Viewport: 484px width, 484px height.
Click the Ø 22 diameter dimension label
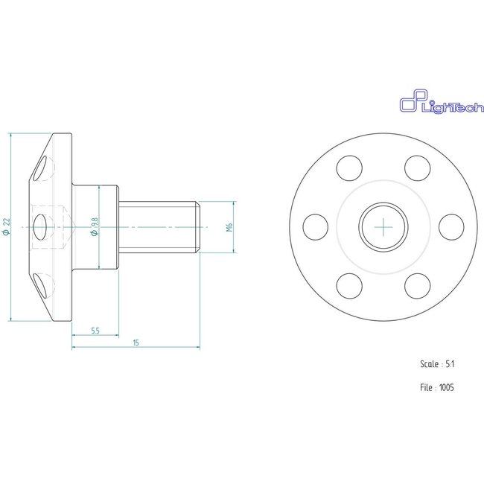[7, 226]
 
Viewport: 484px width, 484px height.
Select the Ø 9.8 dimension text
[94, 226]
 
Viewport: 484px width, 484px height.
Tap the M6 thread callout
[230, 226]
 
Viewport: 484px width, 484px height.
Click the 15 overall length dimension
[135, 343]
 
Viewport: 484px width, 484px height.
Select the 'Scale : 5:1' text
[437, 364]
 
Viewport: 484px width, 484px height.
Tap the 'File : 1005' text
[437, 387]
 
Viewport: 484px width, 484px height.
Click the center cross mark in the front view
[383, 226]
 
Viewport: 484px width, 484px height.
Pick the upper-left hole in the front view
[348, 168]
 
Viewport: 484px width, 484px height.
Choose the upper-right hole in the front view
[418, 168]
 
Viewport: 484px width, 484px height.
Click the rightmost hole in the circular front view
[451, 226]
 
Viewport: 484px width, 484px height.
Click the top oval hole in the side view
[45, 167]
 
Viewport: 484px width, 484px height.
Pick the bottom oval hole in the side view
[45, 284]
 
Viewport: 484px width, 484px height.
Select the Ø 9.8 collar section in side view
[108, 226]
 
